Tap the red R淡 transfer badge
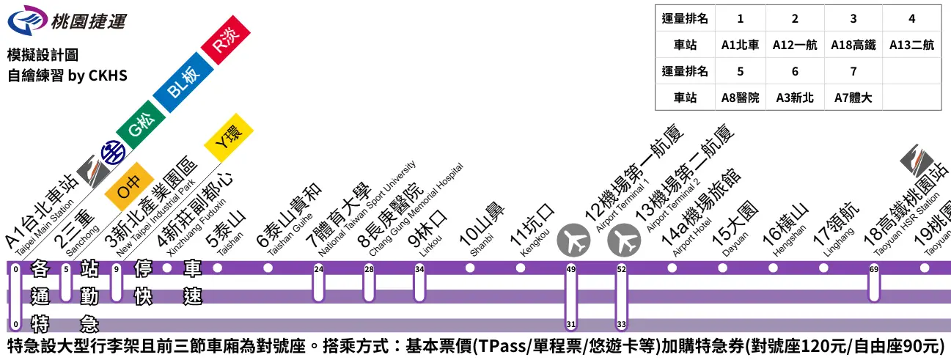coord(226,42)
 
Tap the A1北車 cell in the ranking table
coord(740,45)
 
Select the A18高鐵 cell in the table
coord(853,45)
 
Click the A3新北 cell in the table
coord(795,98)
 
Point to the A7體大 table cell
coord(853,98)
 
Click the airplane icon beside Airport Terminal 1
coord(574,240)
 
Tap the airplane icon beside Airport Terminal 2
coord(625,240)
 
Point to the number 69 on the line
coord(873,269)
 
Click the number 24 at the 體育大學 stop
coord(318,269)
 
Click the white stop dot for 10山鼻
coord(470,268)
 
